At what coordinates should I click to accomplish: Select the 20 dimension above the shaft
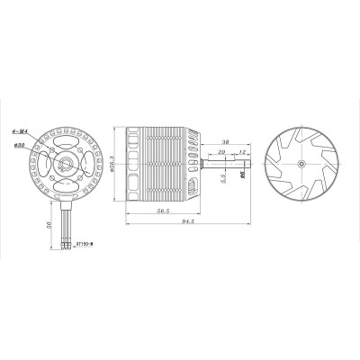(x=220, y=153)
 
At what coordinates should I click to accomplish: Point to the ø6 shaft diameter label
(x=244, y=177)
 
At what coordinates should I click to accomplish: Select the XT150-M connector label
(x=86, y=243)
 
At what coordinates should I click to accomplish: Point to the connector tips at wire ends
(x=68, y=244)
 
